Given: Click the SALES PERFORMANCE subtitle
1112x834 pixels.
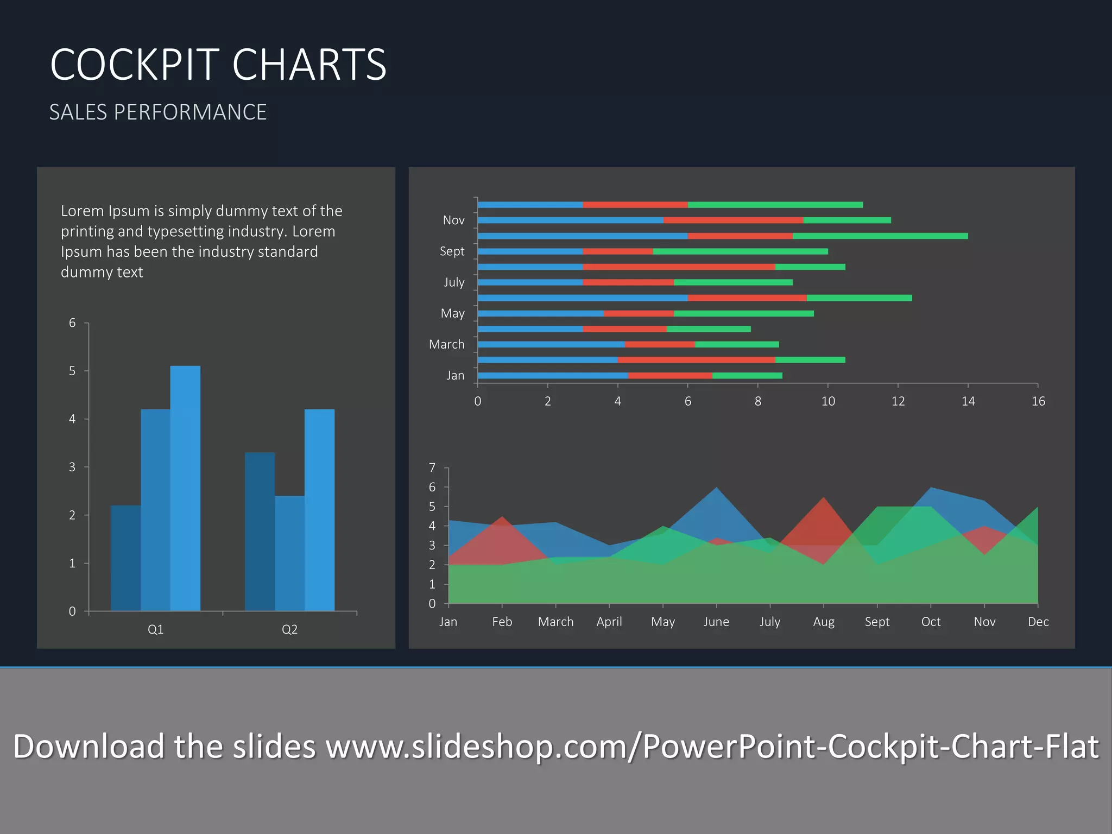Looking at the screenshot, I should (x=157, y=112).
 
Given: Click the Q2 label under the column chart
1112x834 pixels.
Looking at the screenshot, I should (x=289, y=629).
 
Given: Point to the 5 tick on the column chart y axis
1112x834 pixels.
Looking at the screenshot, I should (x=72, y=371).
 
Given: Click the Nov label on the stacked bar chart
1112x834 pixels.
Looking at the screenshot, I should (x=453, y=220).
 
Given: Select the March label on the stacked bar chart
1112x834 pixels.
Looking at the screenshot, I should (x=446, y=344).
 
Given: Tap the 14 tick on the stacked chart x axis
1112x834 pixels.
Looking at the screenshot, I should (x=968, y=401).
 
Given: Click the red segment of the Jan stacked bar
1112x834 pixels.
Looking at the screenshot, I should (x=670, y=376).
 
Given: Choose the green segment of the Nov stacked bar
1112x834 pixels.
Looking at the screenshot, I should (x=847, y=220).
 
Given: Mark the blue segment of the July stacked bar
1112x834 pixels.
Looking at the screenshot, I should (x=530, y=282).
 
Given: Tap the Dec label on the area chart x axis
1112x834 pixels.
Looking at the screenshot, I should (x=1038, y=622).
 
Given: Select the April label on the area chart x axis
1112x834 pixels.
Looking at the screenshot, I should (x=609, y=622).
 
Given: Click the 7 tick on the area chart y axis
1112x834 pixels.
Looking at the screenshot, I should (x=432, y=467).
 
